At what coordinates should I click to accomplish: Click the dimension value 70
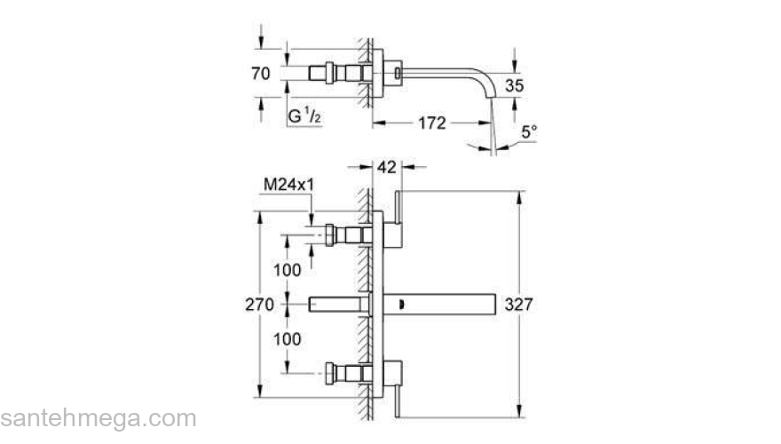(x=261, y=73)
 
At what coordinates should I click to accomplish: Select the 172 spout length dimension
(x=432, y=123)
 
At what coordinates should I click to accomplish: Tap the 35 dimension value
(x=515, y=86)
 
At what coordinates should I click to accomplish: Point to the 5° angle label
(x=530, y=132)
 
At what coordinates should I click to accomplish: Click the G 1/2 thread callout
(x=304, y=116)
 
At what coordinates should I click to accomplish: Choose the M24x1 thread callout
(x=289, y=185)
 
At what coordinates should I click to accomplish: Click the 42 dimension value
(x=387, y=167)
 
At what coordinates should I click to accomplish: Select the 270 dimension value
(x=259, y=304)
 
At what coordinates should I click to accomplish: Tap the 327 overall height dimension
(x=518, y=304)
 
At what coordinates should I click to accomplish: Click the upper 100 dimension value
(x=288, y=270)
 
